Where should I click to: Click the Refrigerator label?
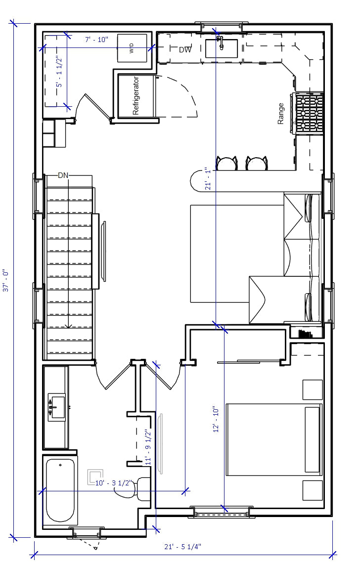[135, 95]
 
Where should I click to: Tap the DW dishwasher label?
[185, 50]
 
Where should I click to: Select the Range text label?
[280, 114]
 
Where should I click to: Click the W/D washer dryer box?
[132, 48]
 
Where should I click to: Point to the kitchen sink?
[222, 48]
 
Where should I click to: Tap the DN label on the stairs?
[63, 175]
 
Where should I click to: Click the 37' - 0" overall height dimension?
[6, 280]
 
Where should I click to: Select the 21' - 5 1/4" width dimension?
[182, 547]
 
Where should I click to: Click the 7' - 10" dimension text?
[96, 40]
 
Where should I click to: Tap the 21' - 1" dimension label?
[208, 178]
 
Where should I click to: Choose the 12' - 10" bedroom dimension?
[216, 419]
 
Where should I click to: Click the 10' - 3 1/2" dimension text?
[114, 483]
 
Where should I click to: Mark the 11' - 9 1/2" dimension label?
[148, 447]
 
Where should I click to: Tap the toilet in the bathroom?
[133, 489]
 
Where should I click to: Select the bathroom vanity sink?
[57, 407]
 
